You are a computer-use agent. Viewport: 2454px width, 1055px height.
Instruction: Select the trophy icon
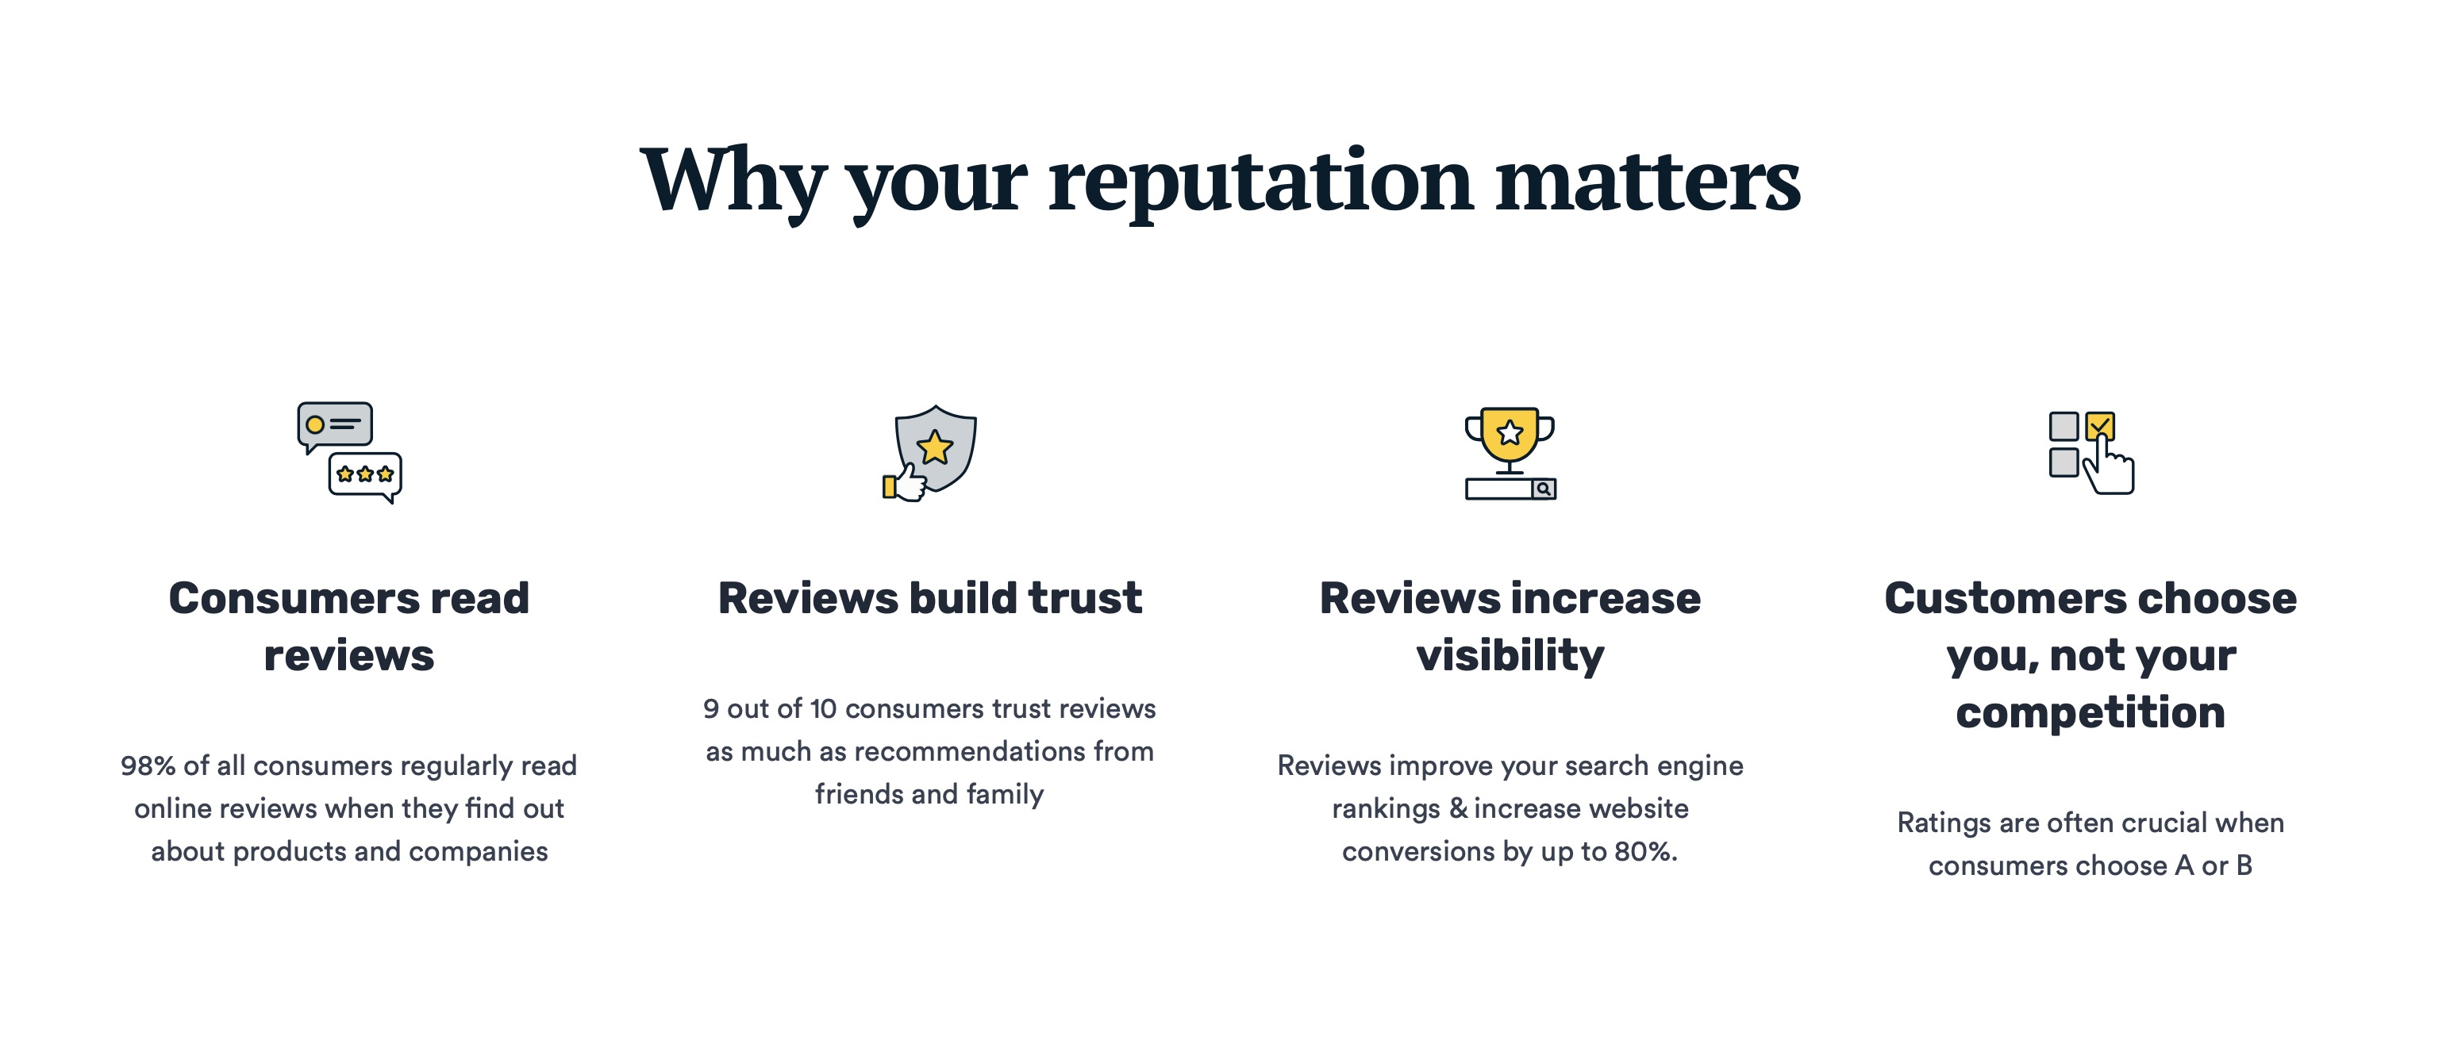coord(1510,453)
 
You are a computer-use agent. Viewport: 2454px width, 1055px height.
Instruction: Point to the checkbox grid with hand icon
coord(2091,452)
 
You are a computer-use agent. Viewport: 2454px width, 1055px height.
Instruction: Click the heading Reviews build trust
coord(930,598)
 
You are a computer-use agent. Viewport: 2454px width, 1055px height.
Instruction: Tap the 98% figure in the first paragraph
coord(148,765)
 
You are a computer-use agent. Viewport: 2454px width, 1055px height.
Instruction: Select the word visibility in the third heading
coord(1510,656)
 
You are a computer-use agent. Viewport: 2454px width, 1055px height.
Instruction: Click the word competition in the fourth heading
coord(2091,713)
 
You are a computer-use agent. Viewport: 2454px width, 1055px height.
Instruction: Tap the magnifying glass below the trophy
coord(1544,489)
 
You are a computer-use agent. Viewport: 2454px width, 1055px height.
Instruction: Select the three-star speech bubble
coord(366,476)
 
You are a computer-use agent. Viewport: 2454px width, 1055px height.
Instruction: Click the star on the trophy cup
coord(1510,433)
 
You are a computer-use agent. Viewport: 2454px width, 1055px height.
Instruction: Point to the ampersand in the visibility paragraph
coord(1457,808)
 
